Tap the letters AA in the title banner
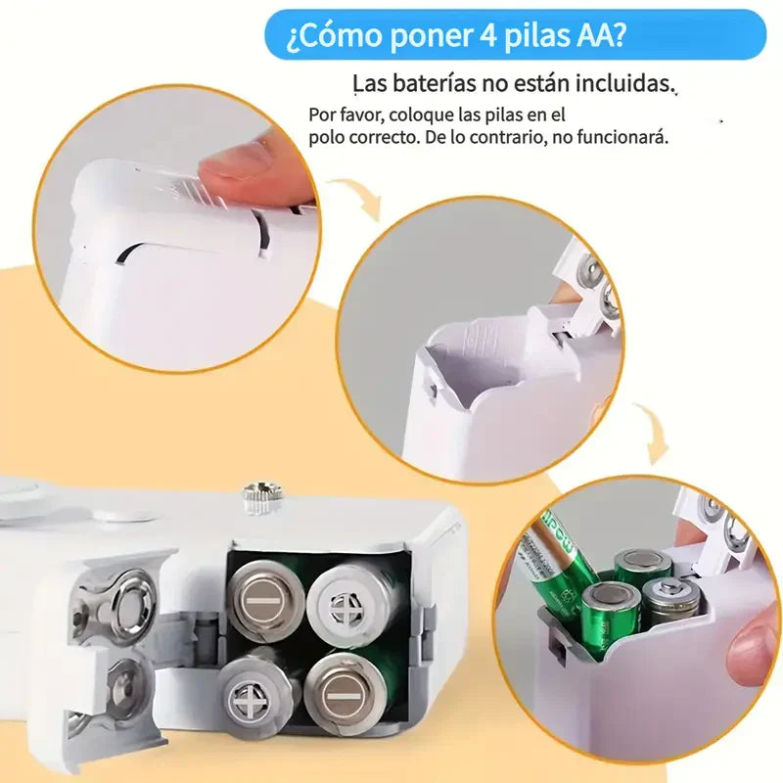tap(596, 36)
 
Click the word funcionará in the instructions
tap(621, 137)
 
